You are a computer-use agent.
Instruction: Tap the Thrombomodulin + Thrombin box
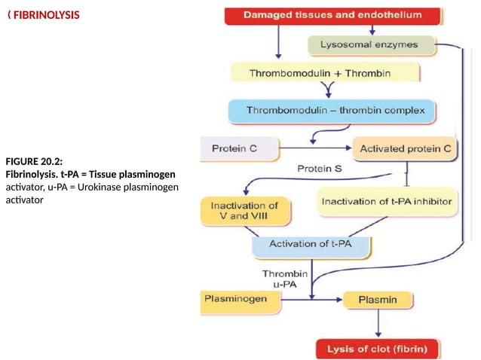(324, 72)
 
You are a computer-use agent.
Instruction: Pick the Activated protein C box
(405, 149)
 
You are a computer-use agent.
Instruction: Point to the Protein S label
(320, 169)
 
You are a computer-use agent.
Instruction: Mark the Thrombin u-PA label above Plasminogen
(284, 279)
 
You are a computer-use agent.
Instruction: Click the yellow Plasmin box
(378, 301)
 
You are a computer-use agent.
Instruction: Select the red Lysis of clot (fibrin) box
(377, 349)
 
